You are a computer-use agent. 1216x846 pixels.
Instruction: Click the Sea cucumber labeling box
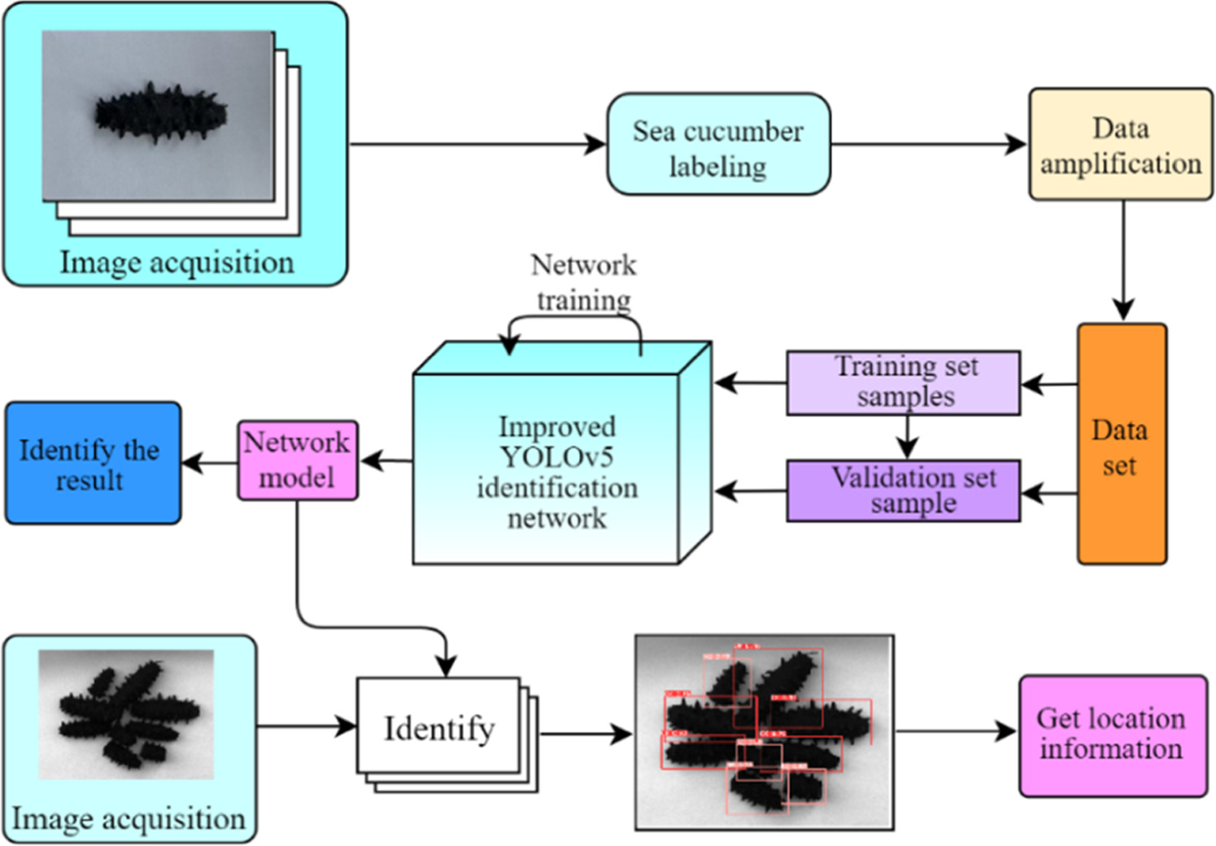pos(718,145)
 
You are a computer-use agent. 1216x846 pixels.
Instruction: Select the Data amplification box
pos(1120,145)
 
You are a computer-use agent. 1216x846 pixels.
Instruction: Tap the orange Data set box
pos(1121,444)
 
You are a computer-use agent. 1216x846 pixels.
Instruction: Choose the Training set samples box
pos(903,382)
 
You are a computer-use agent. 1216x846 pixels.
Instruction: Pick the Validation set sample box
pos(903,491)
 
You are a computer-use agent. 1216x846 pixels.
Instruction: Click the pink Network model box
pos(297,460)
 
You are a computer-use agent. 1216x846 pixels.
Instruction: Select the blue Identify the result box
pos(93,463)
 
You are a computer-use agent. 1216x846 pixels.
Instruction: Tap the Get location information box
pos(1112,735)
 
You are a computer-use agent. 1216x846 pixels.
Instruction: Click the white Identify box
pos(438,727)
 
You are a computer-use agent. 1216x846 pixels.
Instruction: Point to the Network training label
pos(583,281)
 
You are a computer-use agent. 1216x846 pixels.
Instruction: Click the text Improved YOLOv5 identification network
pos(557,472)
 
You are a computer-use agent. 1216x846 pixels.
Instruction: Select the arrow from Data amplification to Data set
pos(1123,260)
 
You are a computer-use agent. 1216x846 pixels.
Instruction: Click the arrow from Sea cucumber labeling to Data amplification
pos(927,145)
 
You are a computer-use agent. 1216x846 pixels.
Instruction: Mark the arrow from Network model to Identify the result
pos(210,464)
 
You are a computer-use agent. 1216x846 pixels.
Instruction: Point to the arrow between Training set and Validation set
pos(907,438)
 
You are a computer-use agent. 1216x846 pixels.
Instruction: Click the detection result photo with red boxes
pos(764,732)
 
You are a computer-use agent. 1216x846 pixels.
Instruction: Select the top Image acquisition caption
pos(177,262)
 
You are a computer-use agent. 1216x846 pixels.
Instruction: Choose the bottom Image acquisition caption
pos(129,818)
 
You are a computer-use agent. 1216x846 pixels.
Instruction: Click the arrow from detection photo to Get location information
pos(956,731)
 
